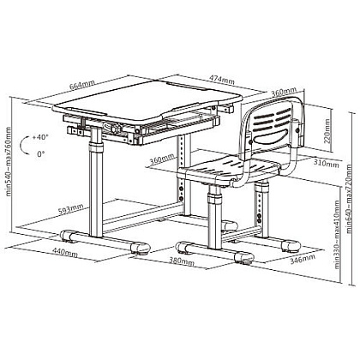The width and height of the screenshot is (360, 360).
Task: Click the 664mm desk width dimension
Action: tap(82, 84)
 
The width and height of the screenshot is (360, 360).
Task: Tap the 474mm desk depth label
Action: tap(222, 80)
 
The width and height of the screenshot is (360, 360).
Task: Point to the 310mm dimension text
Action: tap(327, 164)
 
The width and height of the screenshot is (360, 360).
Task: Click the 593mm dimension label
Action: tap(71, 209)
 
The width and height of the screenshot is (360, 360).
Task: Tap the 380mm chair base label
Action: tap(182, 261)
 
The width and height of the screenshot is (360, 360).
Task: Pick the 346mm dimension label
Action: tap(303, 259)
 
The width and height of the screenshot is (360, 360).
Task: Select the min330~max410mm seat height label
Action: tap(337, 234)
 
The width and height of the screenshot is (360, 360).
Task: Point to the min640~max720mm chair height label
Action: tap(349, 199)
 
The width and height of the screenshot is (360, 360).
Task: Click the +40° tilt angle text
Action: tap(40, 137)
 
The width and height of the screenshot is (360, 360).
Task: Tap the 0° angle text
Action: tap(41, 154)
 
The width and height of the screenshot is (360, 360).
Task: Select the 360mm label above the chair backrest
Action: tap(284, 92)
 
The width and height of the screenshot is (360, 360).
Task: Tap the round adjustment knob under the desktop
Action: tap(116, 128)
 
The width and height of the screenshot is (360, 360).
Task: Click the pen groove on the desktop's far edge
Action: tap(186, 86)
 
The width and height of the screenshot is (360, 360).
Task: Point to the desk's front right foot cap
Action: tap(141, 248)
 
